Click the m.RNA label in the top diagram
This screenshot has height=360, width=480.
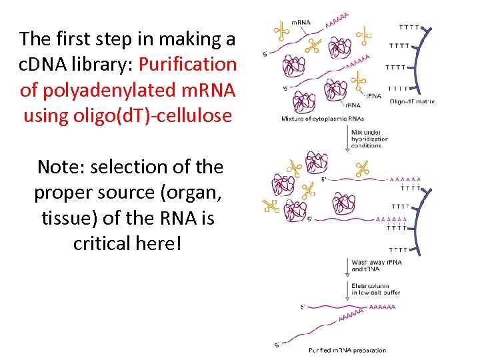click(302, 22)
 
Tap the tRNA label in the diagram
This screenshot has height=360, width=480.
click(375, 96)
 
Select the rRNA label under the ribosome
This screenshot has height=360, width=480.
click(352, 105)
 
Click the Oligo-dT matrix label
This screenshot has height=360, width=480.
click(412, 101)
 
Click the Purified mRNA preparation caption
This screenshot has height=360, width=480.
click(347, 351)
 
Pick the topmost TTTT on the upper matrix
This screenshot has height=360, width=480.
click(409, 28)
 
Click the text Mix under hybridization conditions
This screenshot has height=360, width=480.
click(370, 139)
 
